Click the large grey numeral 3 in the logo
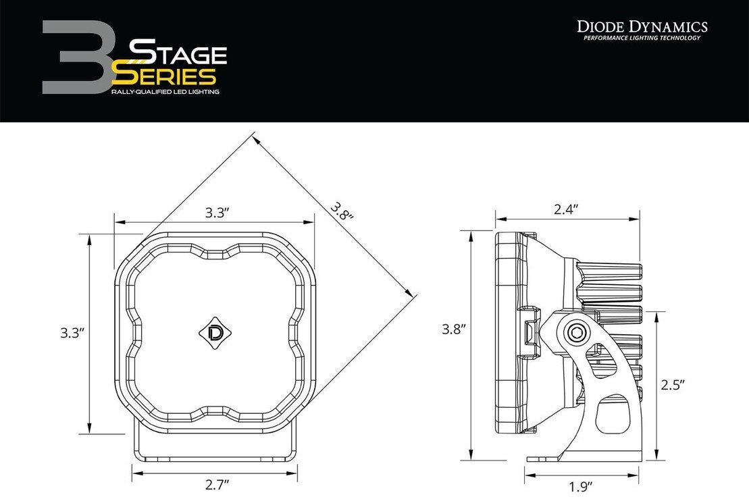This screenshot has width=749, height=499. (74, 57)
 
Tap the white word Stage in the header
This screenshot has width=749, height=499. (178, 52)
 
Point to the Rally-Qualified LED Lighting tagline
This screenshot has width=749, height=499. (165, 90)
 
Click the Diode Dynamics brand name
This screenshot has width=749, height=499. (642, 26)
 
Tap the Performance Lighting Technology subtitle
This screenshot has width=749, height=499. (642, 38)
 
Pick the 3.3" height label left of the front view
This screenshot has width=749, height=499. (72, 333)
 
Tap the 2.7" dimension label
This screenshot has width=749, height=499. (217, 483)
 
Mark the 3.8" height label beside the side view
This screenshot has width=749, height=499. (455, 330)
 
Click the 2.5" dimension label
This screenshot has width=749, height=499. (673, 385)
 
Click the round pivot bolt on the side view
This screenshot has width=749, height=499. (576, 332)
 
